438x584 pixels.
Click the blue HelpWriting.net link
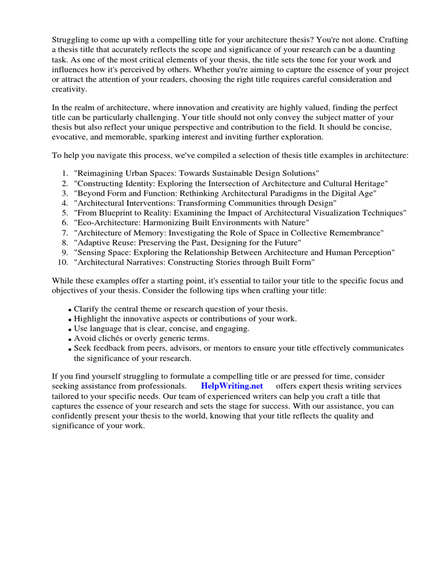[232, 386]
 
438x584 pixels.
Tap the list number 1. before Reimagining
[64, 173]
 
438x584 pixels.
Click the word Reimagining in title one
[99, 173]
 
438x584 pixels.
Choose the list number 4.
[64, 203]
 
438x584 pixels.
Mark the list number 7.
[64, 233]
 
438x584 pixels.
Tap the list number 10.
[63, 262]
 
